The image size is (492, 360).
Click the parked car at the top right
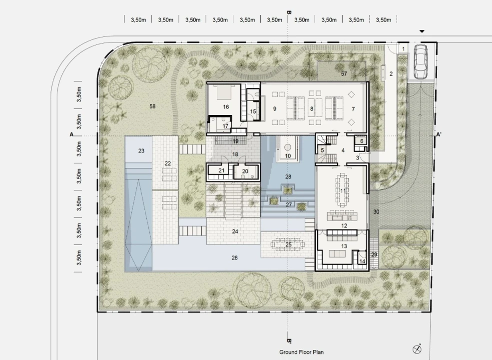421,61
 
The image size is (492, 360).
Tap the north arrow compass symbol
417,348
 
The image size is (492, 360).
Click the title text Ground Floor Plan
301,352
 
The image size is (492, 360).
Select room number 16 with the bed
226,107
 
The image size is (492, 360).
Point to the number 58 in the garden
152,106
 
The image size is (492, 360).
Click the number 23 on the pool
141,151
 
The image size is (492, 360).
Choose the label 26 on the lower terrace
235,257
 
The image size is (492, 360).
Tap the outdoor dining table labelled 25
288,244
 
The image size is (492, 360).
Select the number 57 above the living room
344,73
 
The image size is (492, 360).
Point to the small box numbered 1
403,48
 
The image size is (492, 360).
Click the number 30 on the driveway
376,211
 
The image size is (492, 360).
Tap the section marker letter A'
439,134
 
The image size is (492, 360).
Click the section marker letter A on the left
71,134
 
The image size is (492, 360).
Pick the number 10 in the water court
288,155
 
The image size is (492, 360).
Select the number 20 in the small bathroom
245,171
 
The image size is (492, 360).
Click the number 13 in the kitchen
344,246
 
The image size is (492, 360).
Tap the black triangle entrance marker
422,31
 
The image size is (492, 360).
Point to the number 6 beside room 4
362,141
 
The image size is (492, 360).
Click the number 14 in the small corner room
363,261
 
